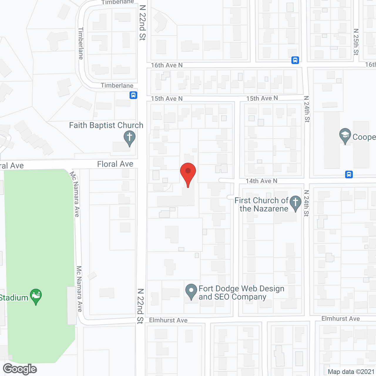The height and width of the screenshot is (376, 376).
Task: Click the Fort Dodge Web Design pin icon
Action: pyautogui.click(x=191, y=291)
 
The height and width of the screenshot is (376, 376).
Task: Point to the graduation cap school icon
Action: pyautogui.click(x=345, y=135)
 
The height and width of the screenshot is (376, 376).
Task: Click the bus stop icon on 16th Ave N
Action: pyautogui.click(x=295, y=60)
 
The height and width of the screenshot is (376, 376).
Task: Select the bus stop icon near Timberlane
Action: pyautogui.click(x=133, y=95)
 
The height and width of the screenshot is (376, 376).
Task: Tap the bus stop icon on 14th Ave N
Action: pyautogui.click(x=349, y=174)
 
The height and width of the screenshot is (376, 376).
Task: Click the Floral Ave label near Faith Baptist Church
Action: pyautogui.click(x=115, y=164)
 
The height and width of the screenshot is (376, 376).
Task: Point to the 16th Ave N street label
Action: pyautogui.click(x=167, y=65)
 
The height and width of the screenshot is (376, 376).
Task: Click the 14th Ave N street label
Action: pyautogui.click(x=261, y=181)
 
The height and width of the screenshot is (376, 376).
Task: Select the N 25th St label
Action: pyautogui.click(x=356, y=42)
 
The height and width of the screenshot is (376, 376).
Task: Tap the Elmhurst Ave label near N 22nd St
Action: pyautogui.click(x=168, y=320)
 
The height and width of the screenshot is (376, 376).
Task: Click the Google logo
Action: pyautogui.click(x=20, y=369)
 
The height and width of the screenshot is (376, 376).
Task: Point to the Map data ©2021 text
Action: pyautogui.click(x=351, y=372)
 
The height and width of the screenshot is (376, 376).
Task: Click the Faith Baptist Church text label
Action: pyautogui.click(x=106, y=125)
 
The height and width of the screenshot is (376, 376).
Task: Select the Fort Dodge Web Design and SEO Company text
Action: pyautogui.click(x=241, y=293)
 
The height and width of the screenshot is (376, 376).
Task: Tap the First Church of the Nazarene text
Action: pyautogui.click(x=261, y=204)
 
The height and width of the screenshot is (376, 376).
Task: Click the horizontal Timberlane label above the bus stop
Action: pyautogui.click(x=117, y=85)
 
